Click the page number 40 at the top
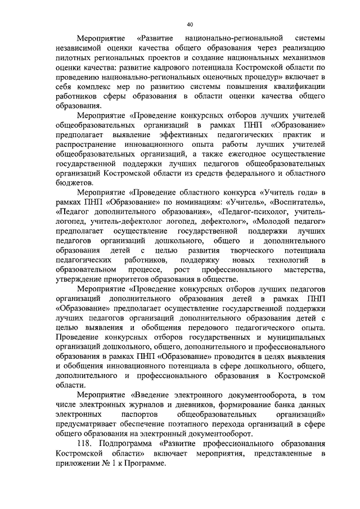[x=189, y=24]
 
